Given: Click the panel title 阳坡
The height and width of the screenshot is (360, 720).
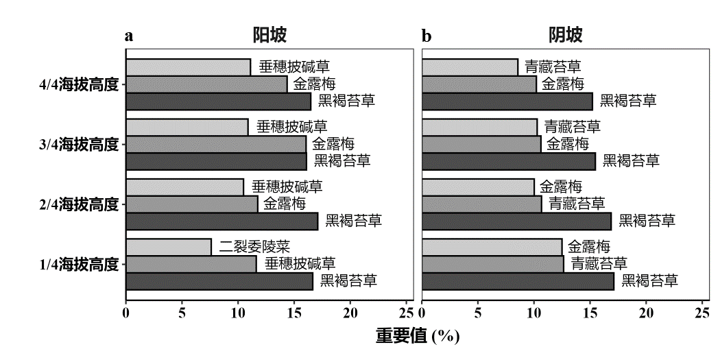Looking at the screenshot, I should pyautogui.click(x=269, y=35).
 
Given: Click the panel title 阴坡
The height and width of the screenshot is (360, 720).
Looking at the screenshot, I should pyautogui.click(x=565, y=35).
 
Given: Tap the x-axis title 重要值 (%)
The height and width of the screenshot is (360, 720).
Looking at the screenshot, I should pyautogui.click(x=418, y=336).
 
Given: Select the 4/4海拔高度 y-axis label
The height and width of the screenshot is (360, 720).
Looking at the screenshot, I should pyautogui.click(x=80, y=84).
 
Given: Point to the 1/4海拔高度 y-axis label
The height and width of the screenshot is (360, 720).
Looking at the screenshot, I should pyautogui.click(x=80, y=264).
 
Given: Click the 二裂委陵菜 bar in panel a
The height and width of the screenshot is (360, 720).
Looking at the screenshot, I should pyautogui.click(x=169, y=247).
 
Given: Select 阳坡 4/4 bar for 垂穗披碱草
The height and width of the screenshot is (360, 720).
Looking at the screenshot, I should pyautogui.click(x=189, y=67).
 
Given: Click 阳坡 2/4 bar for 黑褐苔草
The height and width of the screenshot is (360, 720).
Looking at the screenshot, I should pyautogui.click(x=222, y=221).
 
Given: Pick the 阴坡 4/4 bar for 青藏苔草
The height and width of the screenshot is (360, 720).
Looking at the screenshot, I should pyautogui.click(x=470, y=67).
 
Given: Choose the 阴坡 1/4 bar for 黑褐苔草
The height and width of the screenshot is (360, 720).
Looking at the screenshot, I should pyautogui.click(x=518, y=281).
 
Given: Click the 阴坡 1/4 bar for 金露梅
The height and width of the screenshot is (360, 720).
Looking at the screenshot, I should pyautogui.click(x=492, y=247).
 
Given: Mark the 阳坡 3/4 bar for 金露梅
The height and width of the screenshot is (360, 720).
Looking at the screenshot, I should pyautogui.click(x=216, y=144).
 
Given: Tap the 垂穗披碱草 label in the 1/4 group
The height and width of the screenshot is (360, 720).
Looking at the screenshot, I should pyautogui.click(x=300, y=264).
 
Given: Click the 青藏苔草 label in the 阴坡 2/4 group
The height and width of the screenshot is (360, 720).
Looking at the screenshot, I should pyautogui.click(x=577, y=204).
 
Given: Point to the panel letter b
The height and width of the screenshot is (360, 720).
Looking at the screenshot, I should pyautogui.click(x=427, y=36).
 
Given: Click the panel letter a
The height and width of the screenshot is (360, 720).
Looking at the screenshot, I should pyautogui.click(x=128, y=36).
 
